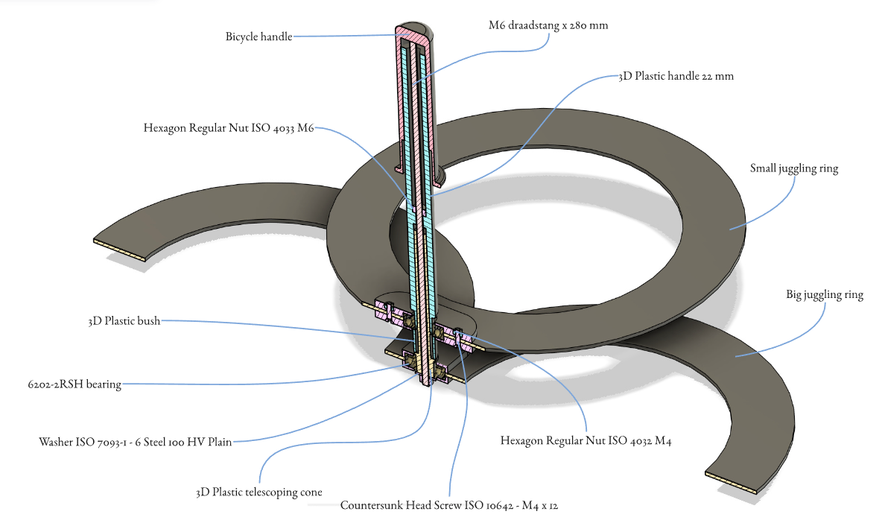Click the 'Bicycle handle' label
258,37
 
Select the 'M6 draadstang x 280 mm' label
548,25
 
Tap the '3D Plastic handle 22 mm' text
676,76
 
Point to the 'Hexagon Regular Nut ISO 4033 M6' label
229,128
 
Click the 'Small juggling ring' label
793,168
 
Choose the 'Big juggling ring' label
824,295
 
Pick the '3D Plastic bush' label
124,322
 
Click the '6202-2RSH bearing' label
72,385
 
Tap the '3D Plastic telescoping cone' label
258,492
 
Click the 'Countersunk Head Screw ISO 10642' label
449,505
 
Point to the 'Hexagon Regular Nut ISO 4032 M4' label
586,441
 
